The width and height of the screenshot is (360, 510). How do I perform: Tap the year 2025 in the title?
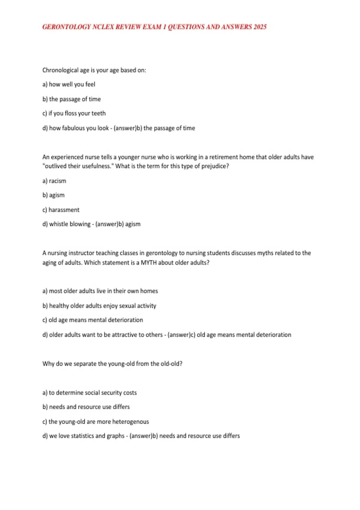[260, 27]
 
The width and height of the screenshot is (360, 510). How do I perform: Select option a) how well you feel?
[69, 85]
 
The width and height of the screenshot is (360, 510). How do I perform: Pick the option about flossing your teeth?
[74, 113]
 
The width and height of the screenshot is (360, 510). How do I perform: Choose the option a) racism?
[54, 181]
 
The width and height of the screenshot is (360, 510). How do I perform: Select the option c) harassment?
[61, 210]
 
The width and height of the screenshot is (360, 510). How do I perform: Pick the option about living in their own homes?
[100, 291]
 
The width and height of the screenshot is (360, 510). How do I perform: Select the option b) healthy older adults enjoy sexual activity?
[99, 306]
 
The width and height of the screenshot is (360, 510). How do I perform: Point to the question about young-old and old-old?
[112, 364]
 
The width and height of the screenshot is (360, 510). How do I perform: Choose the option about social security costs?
[89, 393]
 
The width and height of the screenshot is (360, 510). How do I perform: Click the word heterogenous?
[130, 422]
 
